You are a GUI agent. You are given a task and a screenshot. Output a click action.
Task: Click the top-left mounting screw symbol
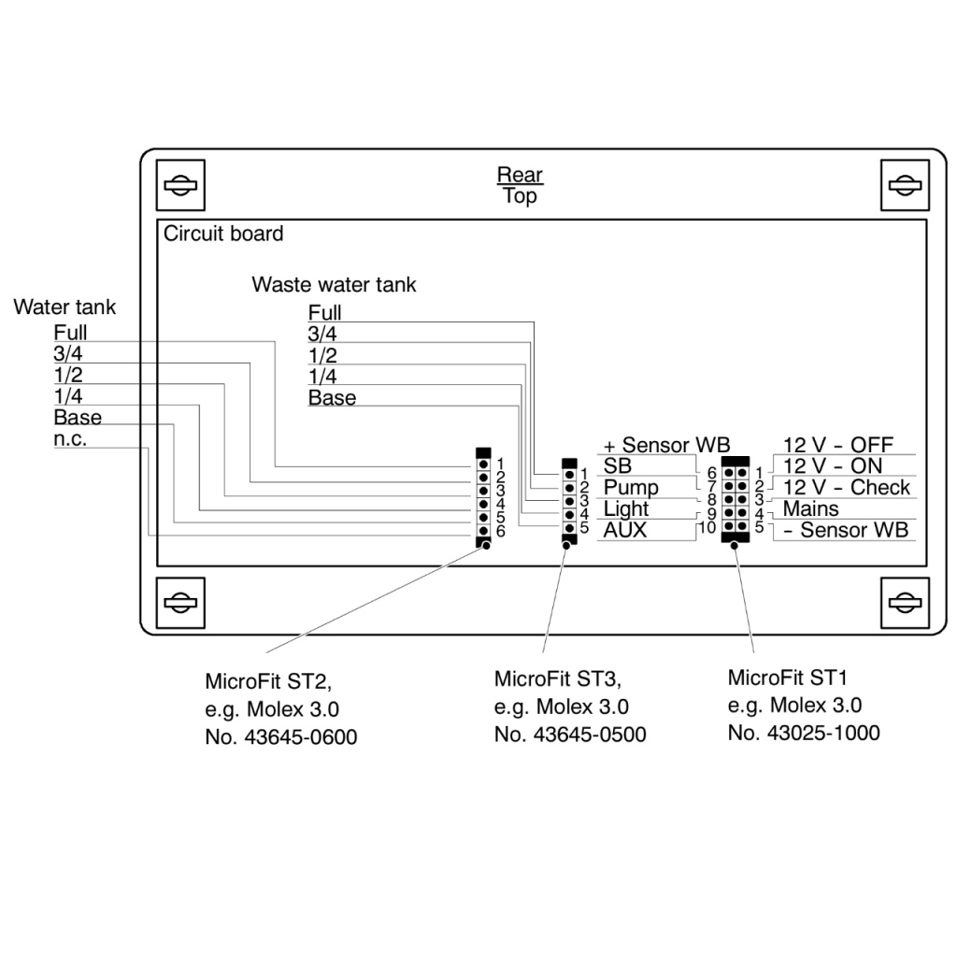tap(178, 184)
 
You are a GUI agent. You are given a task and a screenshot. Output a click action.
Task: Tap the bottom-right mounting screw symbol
tap(904, 601)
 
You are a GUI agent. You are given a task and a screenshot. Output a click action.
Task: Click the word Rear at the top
tap(520, 175)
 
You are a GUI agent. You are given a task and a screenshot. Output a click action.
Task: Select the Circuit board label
tap(223, 234)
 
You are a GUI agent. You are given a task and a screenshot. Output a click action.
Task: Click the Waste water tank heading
tap(334, 284)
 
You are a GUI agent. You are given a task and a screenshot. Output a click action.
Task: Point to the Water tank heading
tap(64, 307)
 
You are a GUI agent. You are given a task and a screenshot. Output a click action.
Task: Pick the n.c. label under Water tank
tap(70, 439)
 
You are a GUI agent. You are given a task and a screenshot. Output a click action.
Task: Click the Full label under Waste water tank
tap(325, 313)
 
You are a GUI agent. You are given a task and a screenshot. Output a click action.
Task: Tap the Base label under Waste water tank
tap(332, 398)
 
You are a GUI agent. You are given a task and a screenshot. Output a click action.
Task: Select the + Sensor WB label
tap(666, 445)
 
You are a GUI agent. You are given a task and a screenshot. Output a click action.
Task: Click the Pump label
tap(631, 488)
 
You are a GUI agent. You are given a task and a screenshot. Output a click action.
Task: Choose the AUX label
tap(625, 531)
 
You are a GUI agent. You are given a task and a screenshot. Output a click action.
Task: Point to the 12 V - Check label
tap(847, 488)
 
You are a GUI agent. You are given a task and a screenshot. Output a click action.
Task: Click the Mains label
tap(811, 509)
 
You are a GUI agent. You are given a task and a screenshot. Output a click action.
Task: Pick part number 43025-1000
tap(804, 734)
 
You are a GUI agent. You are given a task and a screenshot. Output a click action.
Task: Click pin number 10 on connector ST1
tap(707, 529)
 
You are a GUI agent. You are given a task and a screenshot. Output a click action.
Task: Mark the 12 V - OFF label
tap(838, 445)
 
